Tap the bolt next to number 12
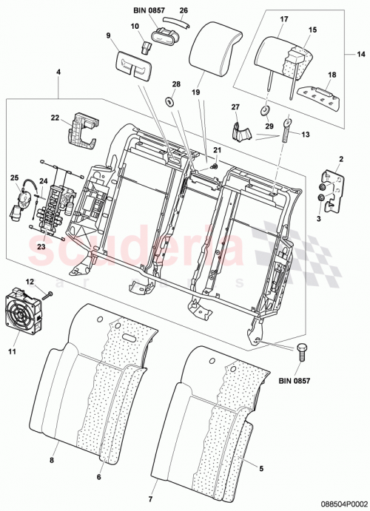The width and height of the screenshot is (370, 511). (x=49, y=295)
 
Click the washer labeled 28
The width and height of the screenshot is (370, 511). (x=169, y=101)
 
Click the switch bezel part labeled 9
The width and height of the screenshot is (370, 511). (x=133, y=67)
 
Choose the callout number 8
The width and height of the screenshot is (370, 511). (x=53, y=459)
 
